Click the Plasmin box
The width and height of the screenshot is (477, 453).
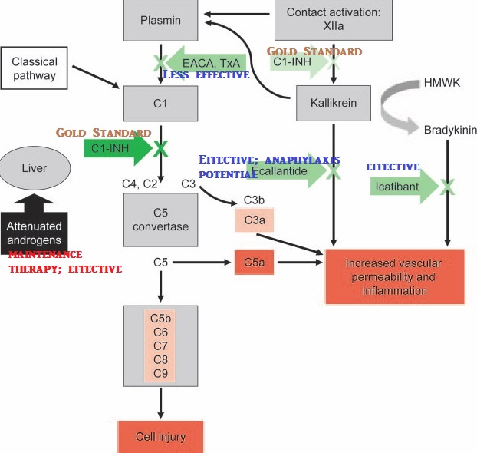[161, 21]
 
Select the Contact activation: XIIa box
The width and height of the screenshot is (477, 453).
[334, 21]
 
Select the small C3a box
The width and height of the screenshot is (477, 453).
[254, 220]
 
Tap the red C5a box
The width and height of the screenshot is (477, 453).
[255, 263]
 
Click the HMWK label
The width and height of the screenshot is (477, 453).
[441, 82]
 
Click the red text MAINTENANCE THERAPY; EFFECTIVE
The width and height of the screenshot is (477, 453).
[64, 262]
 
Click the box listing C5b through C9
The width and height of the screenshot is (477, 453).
[160, 345]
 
